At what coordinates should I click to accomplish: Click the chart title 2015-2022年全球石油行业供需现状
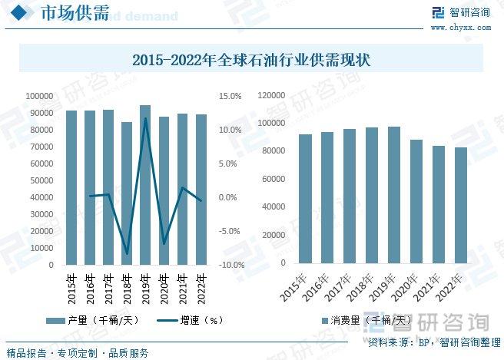(x=251, y=60)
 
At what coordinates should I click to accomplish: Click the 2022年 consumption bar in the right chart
(x=461, y=206)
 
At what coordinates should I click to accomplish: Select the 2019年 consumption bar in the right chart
(x=394, y=195)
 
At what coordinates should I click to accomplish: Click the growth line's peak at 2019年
(x=145, y=118)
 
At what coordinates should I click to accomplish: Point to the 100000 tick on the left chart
(x=39, y=96)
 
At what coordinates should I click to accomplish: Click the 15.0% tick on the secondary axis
(x=230, y=96)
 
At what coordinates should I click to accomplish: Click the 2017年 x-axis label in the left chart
(x=109, y=287)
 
